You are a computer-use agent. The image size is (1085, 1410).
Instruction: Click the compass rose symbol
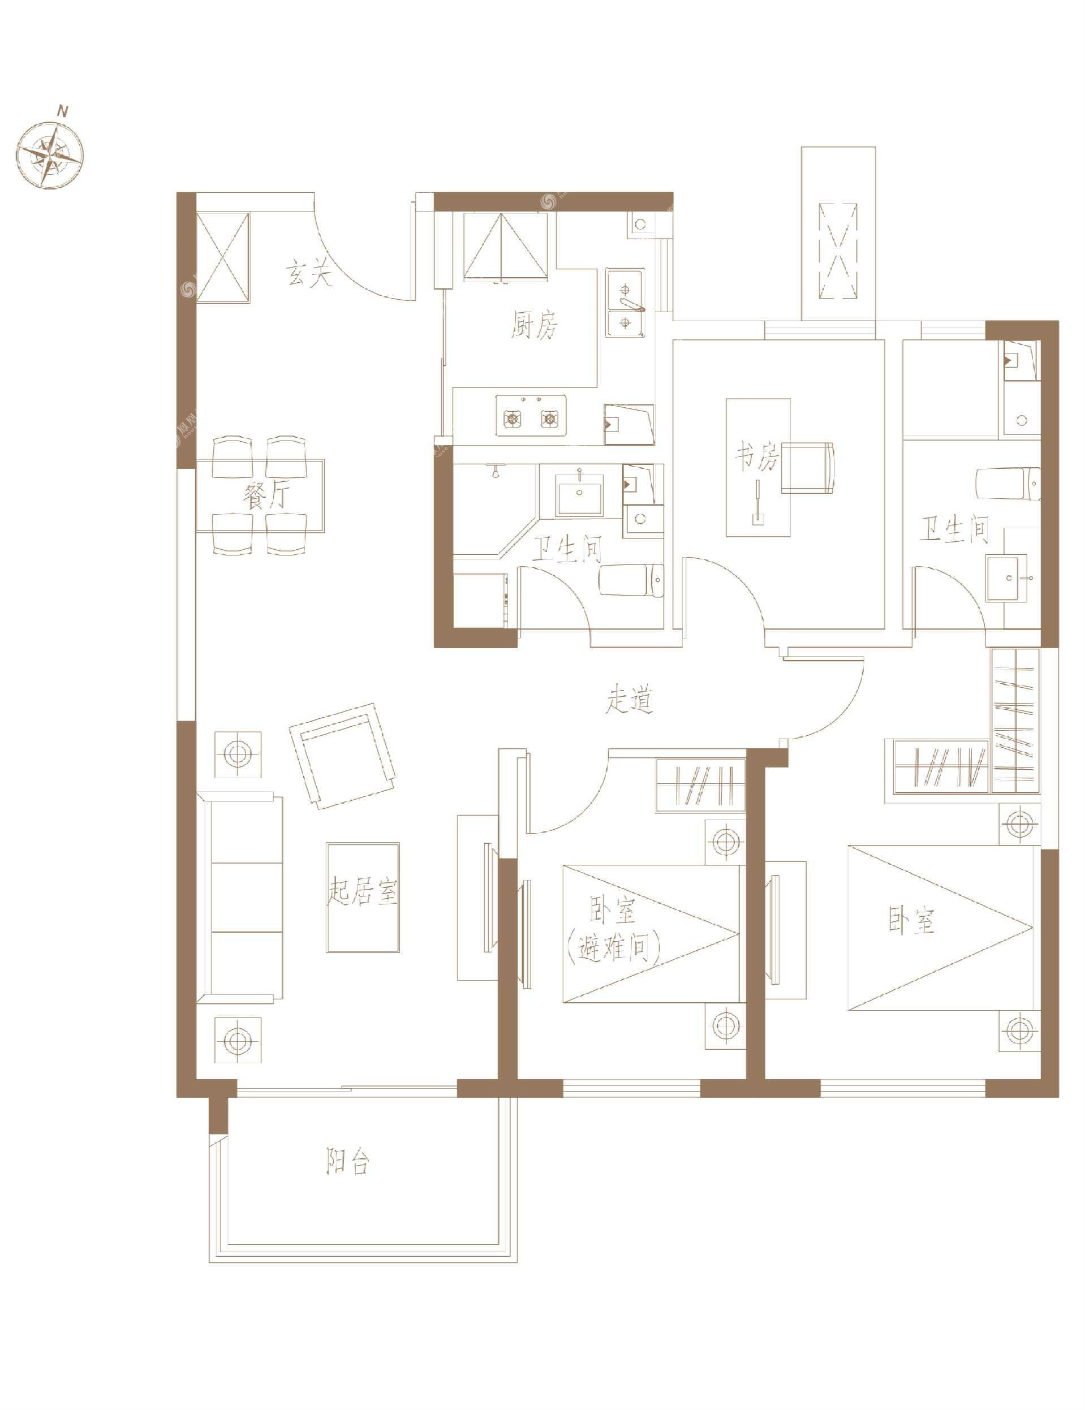50,156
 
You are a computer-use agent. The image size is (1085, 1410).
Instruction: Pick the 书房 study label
757,458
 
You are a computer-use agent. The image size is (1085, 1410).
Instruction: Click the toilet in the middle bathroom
632,581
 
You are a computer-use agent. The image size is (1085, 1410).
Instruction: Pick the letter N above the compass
62,111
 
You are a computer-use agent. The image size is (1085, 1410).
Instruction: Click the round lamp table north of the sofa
238,754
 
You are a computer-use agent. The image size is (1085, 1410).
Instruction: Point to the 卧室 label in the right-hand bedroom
911,921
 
